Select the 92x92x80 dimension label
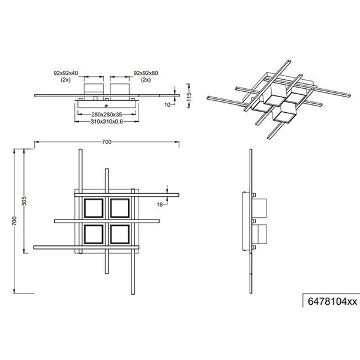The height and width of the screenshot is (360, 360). point(145,73)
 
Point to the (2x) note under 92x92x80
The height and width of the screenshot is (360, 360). point(145,79)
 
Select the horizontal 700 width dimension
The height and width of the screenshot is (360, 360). point(106,142)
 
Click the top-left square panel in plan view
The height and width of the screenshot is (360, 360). point(94,208)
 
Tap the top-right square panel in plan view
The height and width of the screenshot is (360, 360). point(121,208)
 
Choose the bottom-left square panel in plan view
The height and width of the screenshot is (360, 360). point(94,233)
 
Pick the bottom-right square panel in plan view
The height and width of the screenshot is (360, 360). point(121,233)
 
